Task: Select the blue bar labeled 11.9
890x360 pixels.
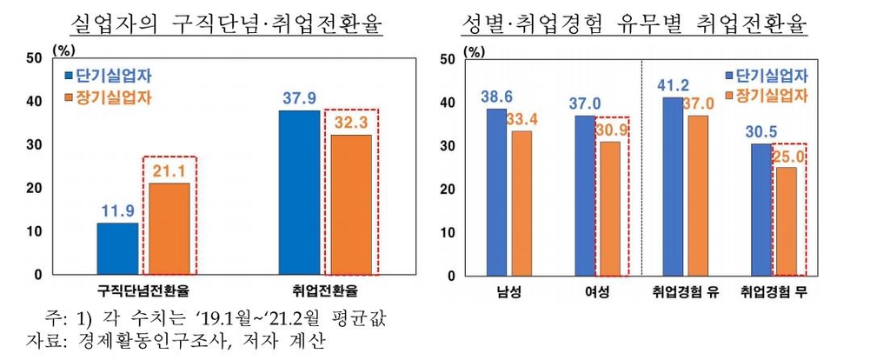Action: tap(117, 249)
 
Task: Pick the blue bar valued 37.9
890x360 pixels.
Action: tap(300, 192)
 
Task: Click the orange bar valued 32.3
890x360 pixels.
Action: tap(351, 204)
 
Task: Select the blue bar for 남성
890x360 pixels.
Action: tap(495, 191)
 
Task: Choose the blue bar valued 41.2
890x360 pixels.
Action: tap(673, 186)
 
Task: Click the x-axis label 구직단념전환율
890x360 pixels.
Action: tap(143, 290)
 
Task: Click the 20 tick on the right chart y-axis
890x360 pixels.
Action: tap(448, 190)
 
